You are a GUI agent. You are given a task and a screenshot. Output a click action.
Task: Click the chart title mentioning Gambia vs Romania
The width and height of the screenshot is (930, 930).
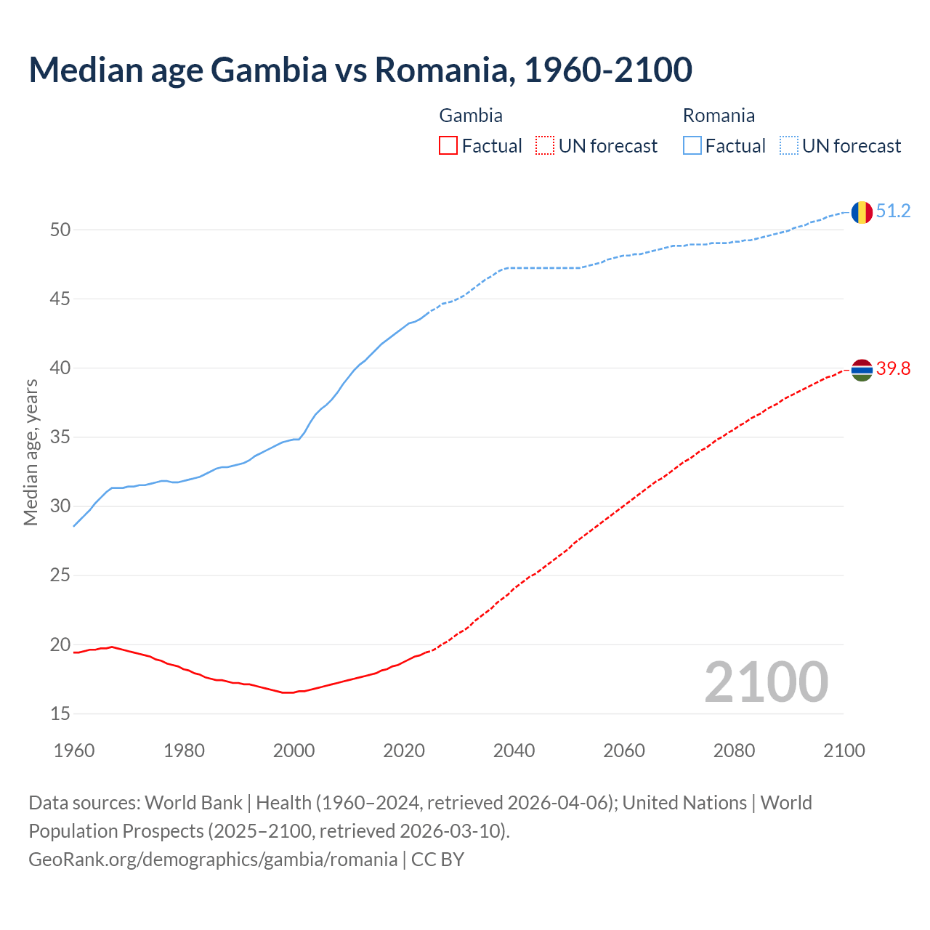click(x=360, y=70)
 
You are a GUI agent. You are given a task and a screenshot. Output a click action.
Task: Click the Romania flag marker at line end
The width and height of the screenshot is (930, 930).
click(x=862, y=212)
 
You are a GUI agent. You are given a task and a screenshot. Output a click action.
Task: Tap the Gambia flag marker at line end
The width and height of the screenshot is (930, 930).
click(x=862, y=370)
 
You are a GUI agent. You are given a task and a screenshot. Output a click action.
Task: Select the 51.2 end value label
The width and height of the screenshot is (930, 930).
click(x=893, y=211)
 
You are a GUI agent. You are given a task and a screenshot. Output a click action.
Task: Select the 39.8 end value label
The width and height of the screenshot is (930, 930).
click(x=893, y=369)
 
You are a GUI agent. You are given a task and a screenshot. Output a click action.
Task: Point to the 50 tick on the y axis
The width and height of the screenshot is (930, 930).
click(x=60, y=230)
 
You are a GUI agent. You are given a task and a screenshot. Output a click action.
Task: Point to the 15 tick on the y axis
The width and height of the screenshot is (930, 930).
click(x=60, y=714)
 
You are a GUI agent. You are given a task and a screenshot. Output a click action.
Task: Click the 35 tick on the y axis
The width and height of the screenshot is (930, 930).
click(x=60, y=437)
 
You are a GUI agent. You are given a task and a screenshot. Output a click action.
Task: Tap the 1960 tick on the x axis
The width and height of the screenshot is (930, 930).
click(x=74, y=751)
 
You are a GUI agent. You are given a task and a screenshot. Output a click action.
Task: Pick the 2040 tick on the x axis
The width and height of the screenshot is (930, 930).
click(x=514, y=751)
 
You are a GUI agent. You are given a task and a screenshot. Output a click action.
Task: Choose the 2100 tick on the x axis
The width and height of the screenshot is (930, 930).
click(x=844, y=751)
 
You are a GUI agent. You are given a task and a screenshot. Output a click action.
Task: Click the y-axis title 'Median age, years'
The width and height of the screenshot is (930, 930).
click(x=31, y=452)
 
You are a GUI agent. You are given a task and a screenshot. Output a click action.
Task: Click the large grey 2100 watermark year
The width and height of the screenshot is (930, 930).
click(x=766, y=682)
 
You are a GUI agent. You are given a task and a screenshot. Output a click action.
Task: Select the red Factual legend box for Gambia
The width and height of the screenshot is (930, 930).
click(x=448, y=146)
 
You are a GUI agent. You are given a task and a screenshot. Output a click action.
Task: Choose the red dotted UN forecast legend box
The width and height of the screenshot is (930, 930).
click(x=545, y=146)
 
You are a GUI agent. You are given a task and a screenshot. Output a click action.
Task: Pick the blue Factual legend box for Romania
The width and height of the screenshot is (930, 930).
click(x=692, y=146)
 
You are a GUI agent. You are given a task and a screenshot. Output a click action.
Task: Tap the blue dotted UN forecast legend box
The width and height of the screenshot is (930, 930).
click(x=788, y=146)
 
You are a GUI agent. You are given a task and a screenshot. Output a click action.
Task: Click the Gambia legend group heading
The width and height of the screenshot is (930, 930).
click(x=471, y=116)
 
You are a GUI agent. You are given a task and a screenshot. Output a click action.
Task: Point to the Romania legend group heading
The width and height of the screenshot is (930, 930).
click(x=719, y=116)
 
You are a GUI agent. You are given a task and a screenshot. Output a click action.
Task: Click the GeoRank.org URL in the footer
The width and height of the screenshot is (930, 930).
click(x=213, y=860)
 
